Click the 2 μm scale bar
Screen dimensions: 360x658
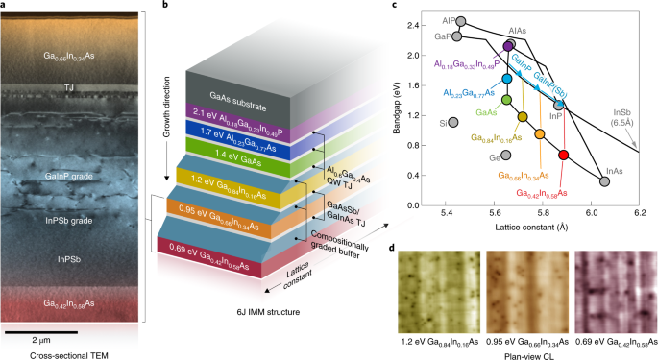pyautogui.click(x=46, y=331)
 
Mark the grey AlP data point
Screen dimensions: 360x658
pyautogui.click(x=461, y=21)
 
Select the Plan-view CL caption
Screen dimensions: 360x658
pyautogui.click(x=517, y=353)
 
